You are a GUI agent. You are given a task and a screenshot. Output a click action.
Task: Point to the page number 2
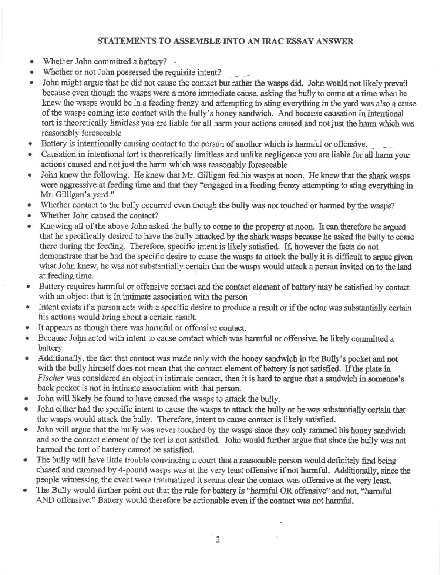[218, 539]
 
